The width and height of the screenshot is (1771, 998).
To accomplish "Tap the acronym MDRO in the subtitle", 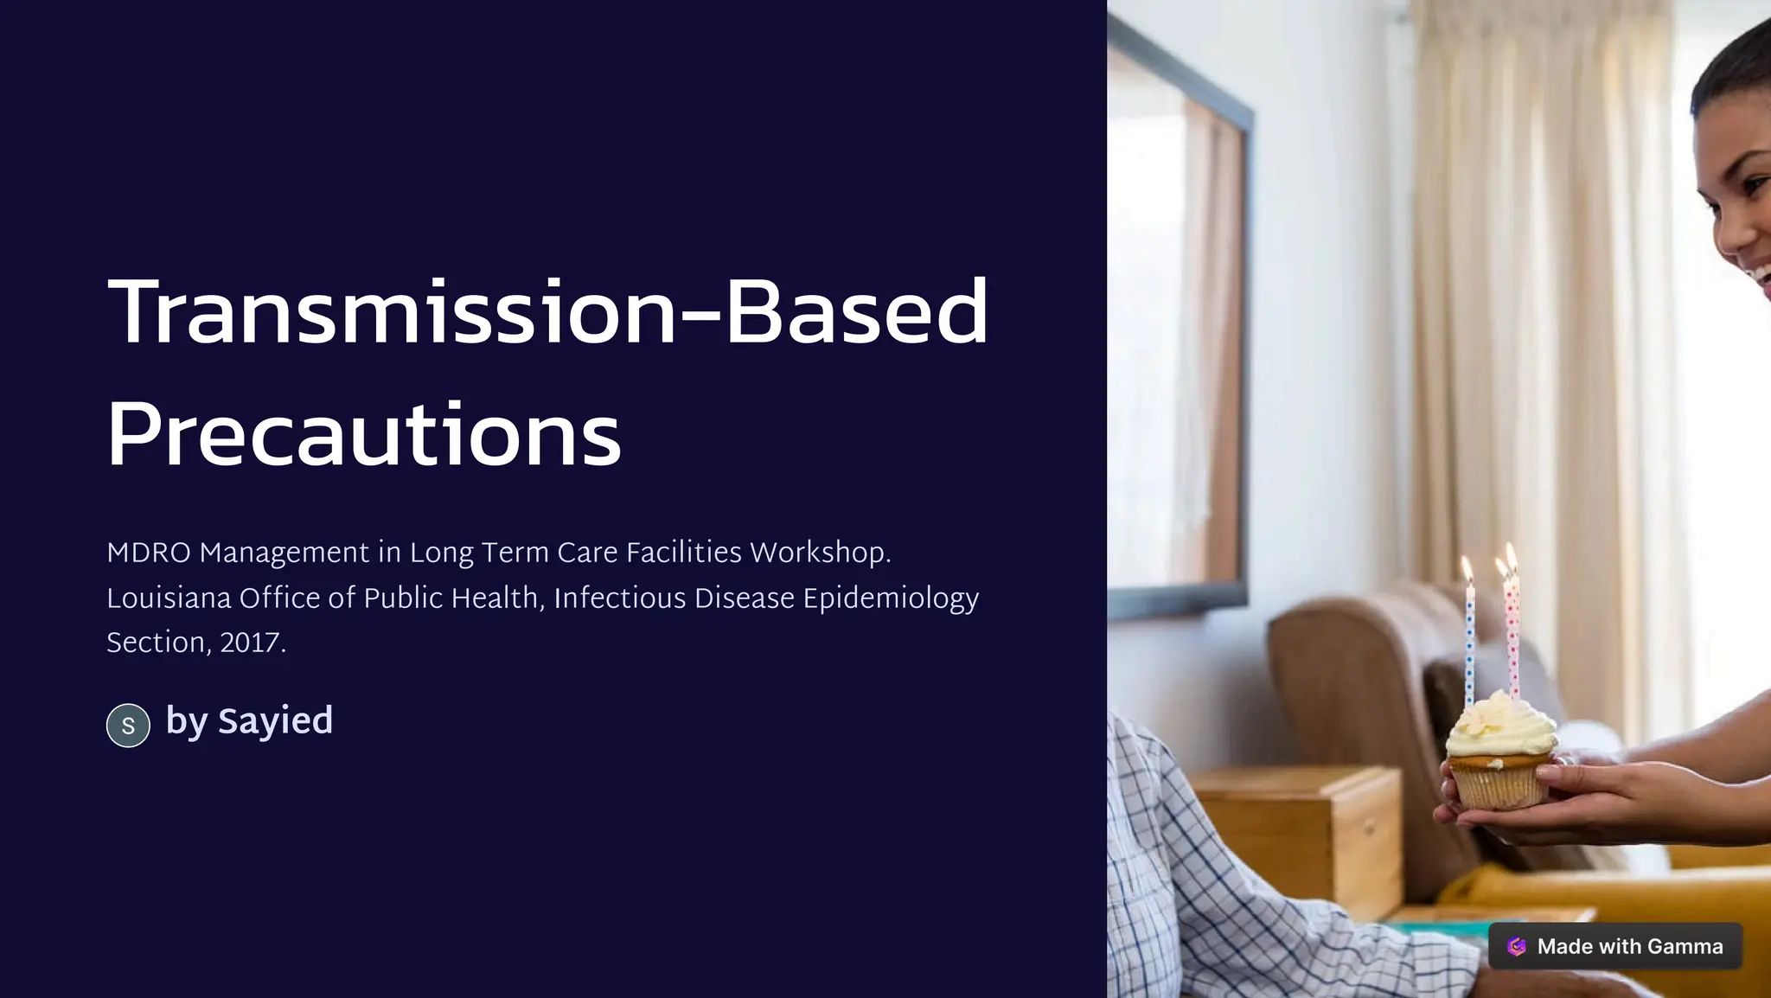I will (x=148, y=553).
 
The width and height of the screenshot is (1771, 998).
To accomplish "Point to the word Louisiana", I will (x=169, y=598).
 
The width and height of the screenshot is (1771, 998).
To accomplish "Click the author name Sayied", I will (x=275, y=720).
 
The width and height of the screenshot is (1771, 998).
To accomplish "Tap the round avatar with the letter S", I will (x=128, y=725).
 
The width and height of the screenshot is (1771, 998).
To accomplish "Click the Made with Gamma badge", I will (x=1615, y=946).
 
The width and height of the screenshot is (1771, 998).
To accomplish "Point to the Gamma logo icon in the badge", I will (x=1517, y=946).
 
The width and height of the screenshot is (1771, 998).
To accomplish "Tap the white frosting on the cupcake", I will (x=1499, y=726).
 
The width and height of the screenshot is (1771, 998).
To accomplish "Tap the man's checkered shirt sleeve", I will (x=1211, y=882).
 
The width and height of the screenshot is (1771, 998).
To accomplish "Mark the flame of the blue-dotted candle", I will (x=1467, y=568).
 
